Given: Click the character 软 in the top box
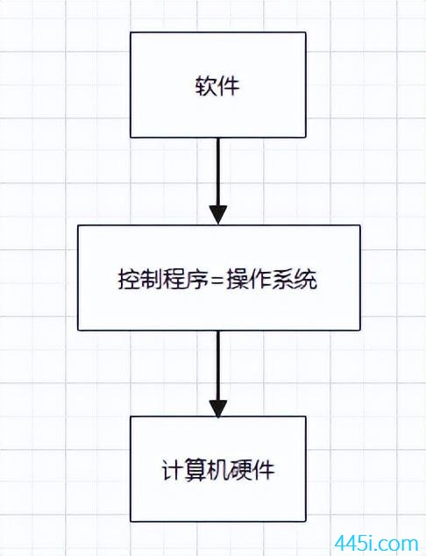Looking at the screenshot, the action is (206, 85).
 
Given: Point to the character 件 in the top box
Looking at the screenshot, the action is (229, 85).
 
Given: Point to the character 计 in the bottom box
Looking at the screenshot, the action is (173, 470).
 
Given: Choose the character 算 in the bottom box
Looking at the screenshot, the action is (195, 470).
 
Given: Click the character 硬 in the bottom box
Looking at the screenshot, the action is (240, 470).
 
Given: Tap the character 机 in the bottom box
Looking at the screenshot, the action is (218, 470).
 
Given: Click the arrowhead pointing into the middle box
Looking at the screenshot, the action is (218, 215).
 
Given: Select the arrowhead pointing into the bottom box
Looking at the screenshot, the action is (218, 408).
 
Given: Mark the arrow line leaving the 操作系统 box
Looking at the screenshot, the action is (218, 374).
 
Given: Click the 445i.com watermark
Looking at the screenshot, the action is (376, 543).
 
